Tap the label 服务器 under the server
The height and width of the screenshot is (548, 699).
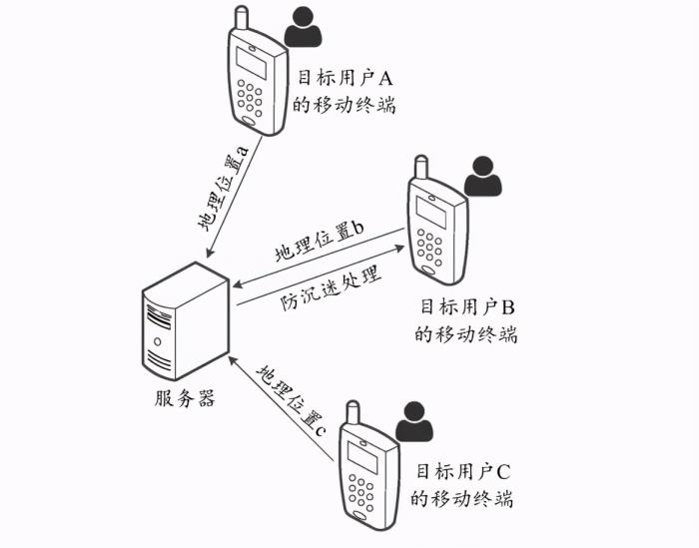click(184, 398)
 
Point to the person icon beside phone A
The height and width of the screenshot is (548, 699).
click(304, 28)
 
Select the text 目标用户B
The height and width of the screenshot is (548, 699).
click(465, 306)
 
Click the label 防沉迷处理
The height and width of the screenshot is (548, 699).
click(329, 288)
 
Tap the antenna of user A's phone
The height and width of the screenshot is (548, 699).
click(241, 18)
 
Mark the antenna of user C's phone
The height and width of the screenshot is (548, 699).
click(352, 411)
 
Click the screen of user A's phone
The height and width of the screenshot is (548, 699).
click(251, 63)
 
